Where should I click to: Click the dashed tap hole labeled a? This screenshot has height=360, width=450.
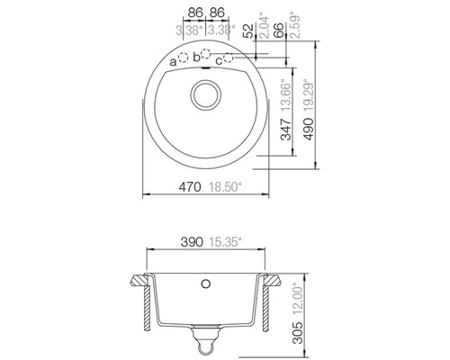coord(184,58)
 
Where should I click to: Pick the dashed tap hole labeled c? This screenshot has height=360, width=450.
coord(229,58)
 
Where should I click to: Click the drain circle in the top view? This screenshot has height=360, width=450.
coord(206,94)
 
